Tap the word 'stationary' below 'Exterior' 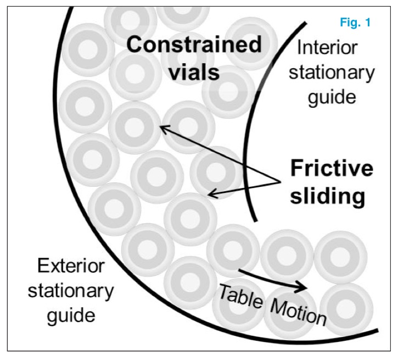tap(71, 291)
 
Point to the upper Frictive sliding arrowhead tap(161, 127)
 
